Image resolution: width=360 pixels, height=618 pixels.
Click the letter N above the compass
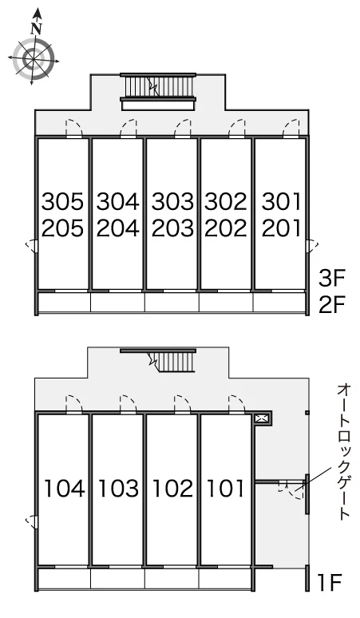[37, 29]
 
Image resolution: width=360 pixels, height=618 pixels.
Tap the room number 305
[62, 202]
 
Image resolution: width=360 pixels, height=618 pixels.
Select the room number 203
[172, 228]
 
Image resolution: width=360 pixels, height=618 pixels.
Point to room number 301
[281, 202]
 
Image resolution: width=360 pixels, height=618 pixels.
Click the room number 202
[226, 228]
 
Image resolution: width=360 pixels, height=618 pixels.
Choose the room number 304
[118, 202]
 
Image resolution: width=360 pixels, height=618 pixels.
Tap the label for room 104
[64, 489]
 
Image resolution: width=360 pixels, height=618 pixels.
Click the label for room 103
[118, 489]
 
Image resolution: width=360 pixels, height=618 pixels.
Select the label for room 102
[172, 489]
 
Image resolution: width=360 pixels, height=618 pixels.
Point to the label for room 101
[225, 489]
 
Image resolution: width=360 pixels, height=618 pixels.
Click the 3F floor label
[331, 279]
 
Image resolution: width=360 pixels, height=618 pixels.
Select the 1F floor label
[329, 582]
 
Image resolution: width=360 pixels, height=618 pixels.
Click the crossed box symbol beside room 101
[261, 418]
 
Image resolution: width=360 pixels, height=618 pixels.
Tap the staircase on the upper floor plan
[159, 87]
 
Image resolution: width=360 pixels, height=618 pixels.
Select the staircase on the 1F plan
[172, 362]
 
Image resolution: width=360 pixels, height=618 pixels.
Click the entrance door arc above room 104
[73, 403]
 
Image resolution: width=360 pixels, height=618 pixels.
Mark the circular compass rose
[33, 59]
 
